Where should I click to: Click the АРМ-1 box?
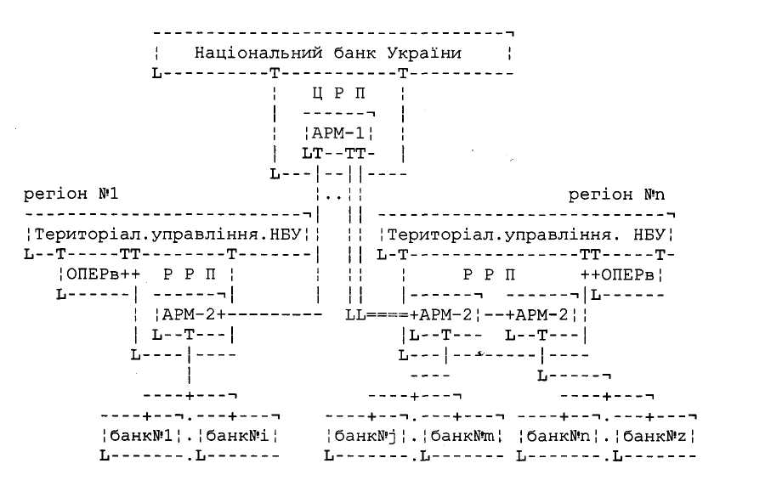click(337, 133)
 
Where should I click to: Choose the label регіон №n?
click(613, 195)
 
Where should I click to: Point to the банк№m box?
click(462, 437)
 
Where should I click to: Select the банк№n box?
click(558, 437)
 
